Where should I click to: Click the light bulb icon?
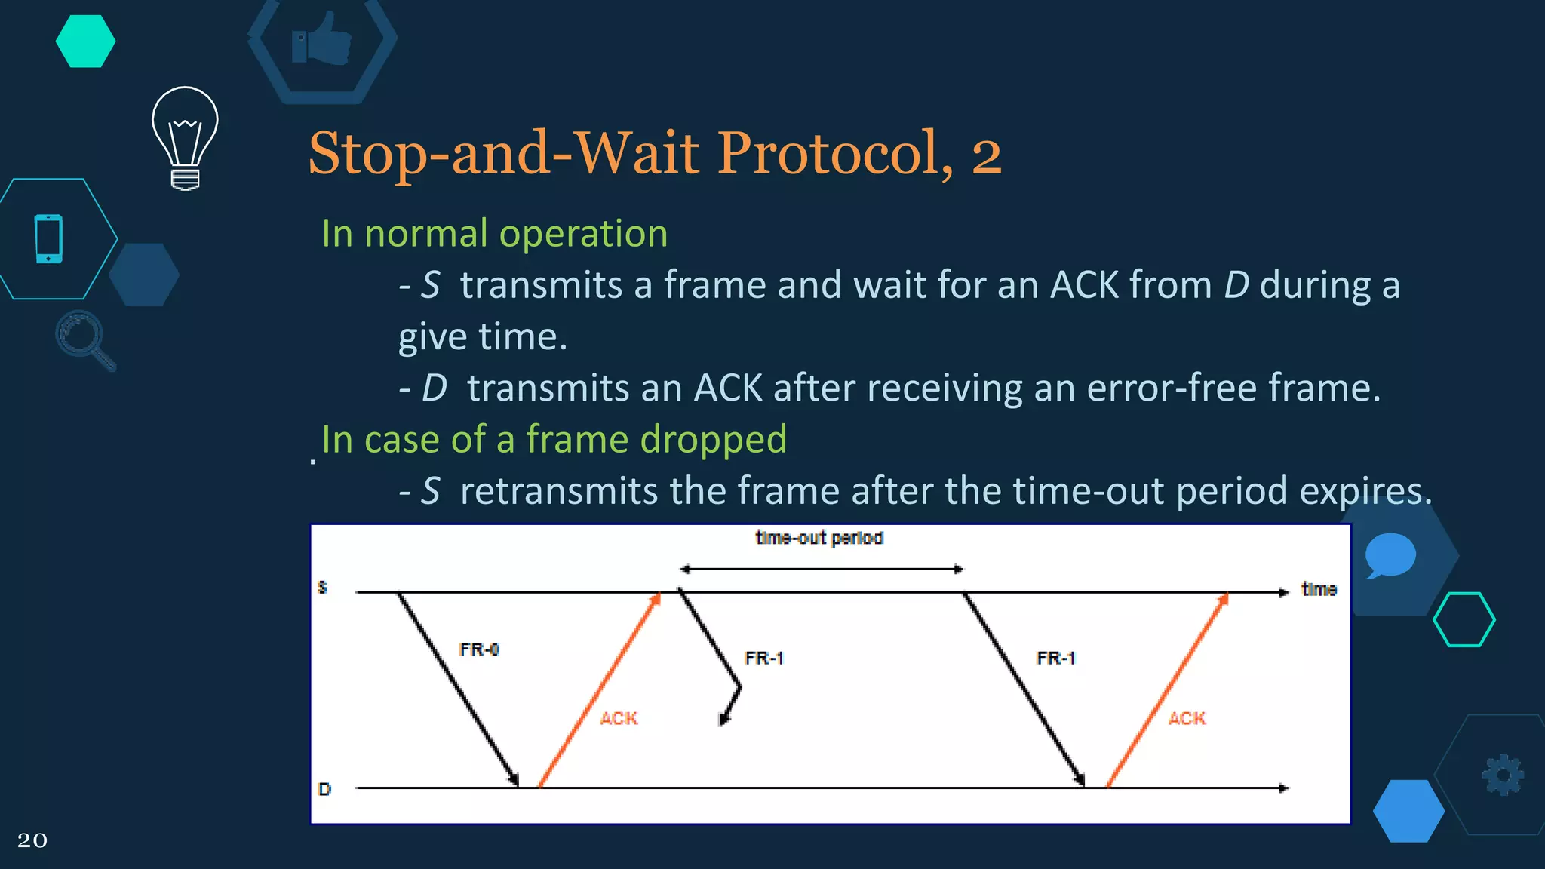(185, 136)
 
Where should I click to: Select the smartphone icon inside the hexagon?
(49, 238)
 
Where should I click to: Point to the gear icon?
(1503, 774)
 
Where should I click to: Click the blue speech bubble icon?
(1390, 554)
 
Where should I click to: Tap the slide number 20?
(32, 840)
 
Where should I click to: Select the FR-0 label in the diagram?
(479, 649)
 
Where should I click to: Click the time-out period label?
(819, 538)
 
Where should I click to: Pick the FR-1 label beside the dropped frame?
(763, 658)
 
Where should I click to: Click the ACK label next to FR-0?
(619, 718)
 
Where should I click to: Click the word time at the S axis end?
(1319, 589)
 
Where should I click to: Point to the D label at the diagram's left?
(324, 789)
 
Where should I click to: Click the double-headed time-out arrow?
(822, 569)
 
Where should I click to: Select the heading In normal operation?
(494, 233)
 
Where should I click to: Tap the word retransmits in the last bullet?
(559, 491)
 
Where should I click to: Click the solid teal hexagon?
(85, 41)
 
